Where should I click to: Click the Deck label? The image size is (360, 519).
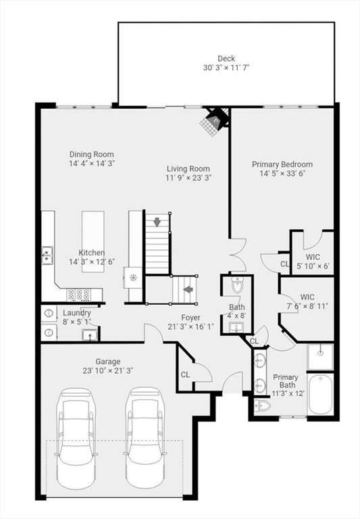[x=226, y=59]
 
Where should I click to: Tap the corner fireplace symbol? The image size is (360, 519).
[x=215, y=121]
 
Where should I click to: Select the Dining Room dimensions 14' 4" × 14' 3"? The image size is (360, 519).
[x=92, y=163]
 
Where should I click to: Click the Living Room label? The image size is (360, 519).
[x=188, y=168]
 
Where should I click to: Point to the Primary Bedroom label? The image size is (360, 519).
[x=282, y=164]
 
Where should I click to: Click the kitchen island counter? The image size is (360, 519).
[x=93, y=242]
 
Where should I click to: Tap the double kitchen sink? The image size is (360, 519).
[x=47, y=255]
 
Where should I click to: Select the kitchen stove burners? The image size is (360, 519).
[x=79, y=295]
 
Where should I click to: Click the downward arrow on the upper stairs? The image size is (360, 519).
[x=157, y=222]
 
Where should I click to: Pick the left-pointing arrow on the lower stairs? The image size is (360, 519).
[x=188, y=290]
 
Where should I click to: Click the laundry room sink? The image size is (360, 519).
[x=89, y=335]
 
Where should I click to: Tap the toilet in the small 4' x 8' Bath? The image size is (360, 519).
[x=237, y=285]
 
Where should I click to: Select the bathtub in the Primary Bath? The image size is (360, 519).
[x=320, y=393]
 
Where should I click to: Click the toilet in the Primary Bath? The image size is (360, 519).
[x=262, y=405]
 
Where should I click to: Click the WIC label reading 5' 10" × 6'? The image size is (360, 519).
[x=313, y=261]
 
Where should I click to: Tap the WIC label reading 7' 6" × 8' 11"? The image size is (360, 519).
[x=307, y=301]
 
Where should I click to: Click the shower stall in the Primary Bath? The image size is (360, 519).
[x=320, y=357]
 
